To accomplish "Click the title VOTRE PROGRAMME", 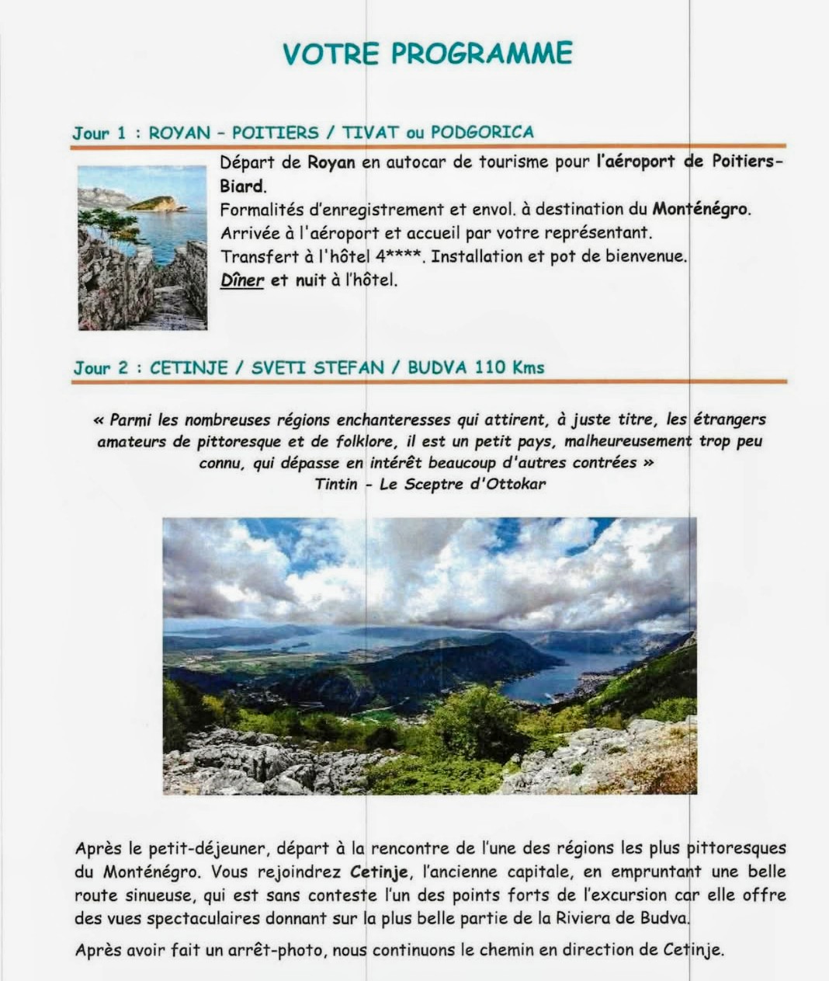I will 428,53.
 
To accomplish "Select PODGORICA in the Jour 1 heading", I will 482,132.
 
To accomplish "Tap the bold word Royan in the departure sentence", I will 331,162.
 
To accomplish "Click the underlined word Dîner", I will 242,280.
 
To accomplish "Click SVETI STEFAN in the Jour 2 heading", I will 317,367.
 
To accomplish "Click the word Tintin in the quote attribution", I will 336,484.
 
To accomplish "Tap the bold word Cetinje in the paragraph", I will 380,871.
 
